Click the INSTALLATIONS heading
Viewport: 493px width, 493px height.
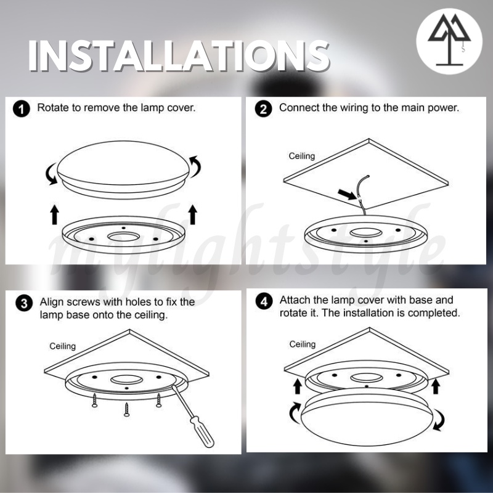(x=179, y=57)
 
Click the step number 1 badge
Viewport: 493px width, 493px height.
(x=22, y=109)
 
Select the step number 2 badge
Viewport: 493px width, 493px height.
(x=264, y=109)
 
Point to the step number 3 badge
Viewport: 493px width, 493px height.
(x=24, y=303)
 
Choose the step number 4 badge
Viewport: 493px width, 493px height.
(x=264, y=301)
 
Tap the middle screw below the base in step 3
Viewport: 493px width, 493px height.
(x=127, y=410)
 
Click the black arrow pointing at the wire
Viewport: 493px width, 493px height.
(x=347, y=194)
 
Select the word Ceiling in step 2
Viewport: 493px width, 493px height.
(x=302, y=156)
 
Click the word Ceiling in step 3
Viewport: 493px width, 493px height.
(x=63, y=346)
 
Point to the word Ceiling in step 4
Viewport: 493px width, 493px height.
(x=303, y=344)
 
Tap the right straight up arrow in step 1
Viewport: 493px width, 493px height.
(x=193, y=214)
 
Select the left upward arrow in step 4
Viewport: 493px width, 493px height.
(x=297, y=386)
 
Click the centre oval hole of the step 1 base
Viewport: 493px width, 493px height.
(x=124, y=237)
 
